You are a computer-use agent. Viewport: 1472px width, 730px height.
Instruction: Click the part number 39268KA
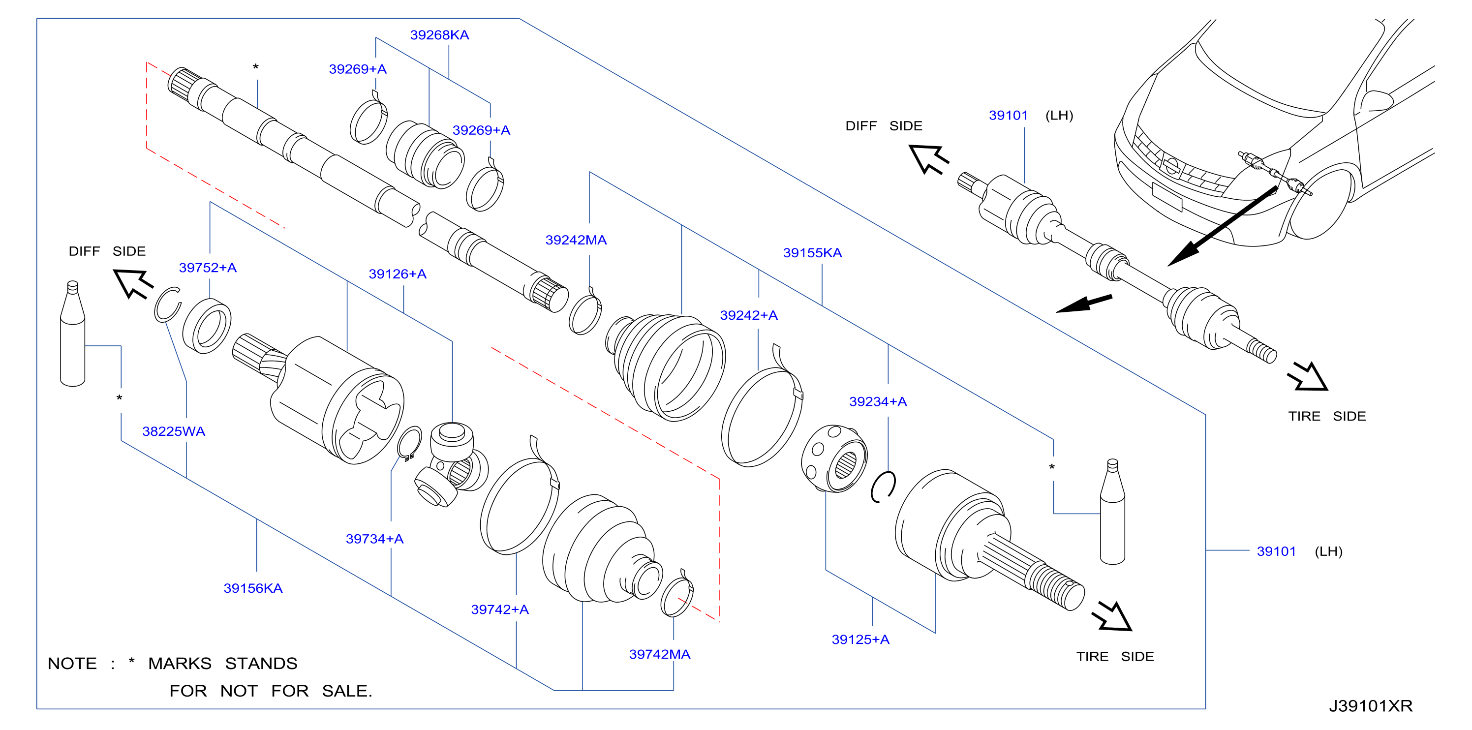pyautogui.click(x=439, y=35)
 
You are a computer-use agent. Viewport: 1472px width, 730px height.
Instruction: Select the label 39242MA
pyautogui.click(x=576, y=240)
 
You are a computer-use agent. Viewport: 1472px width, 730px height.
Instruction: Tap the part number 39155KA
pyautogui.click(x=812, y=252)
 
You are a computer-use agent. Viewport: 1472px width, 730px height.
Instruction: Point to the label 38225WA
pyautogui.click(x=174, y=431)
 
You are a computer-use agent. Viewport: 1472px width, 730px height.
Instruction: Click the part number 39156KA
pyautogui.click(x=253, y=588)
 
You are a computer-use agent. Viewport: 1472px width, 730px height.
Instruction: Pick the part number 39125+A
pyautogui.click(x=860, y=640)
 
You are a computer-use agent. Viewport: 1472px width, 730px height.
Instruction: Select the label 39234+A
pyautogui.click(x=878, y=401)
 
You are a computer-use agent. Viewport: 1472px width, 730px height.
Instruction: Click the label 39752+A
pyautogui.click(x=208, y=267)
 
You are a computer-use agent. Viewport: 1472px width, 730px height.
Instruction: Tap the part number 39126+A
pyautogui.click(x=398, y=274)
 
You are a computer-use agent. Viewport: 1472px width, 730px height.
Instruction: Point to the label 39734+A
pyautogui.click(x=375, y=539)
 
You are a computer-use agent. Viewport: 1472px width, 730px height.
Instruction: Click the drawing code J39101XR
pyautogui.click(x=1370, y=706)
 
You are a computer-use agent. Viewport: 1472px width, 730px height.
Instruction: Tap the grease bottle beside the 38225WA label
pyautogui.click(x=73, y=334)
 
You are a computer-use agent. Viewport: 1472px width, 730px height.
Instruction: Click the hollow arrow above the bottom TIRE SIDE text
pyautogui.click(x=1113, y=617)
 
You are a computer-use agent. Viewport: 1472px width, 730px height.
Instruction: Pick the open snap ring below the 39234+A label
pyautogui.click(x=884, y=487)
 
